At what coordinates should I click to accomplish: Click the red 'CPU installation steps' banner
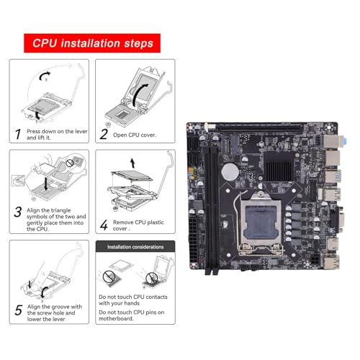[92, 43]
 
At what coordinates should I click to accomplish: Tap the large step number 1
[18, 134]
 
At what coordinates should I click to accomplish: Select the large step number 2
[104, 134]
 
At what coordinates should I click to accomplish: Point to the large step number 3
[18, 212]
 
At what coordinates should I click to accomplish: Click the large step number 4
[104, 225]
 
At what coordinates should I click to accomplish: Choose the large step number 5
[19, 310]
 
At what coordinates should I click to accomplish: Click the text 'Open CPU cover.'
[135, 135]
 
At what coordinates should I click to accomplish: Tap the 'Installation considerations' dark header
[135, 246]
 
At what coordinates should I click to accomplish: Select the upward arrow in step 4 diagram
[132, 163]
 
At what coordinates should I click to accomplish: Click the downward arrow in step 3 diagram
[46, 184]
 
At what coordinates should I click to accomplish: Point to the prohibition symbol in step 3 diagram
[70, 163]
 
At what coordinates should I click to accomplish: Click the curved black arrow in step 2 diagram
[140, 94]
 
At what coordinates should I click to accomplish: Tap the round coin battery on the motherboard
[230, 172]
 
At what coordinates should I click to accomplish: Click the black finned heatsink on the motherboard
[279, 166]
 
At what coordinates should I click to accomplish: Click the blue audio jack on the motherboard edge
[345, 141]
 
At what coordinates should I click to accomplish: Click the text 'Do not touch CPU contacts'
[133, 297]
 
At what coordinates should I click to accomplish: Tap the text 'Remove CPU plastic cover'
[138, 225]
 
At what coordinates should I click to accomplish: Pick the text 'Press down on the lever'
[57, 131]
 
